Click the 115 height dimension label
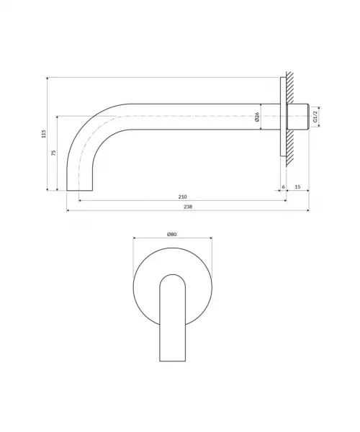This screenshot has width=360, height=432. click(x=44, y=134)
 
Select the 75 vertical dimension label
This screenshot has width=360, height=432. click(x=54, y=153)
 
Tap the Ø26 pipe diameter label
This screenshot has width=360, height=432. click(x=257, y=117)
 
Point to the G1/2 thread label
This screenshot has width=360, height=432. click(x=315, y=117)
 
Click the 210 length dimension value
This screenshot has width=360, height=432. click(x=182, y=197)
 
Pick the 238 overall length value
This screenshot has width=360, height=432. click(x=188, y=207)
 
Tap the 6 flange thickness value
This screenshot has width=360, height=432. click(x=283, y=186)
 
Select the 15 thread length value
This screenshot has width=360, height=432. click(x=298, y=186)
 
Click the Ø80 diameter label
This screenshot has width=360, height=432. click(x=172, y=235)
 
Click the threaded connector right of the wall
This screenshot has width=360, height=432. click(x=298, y=117)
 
